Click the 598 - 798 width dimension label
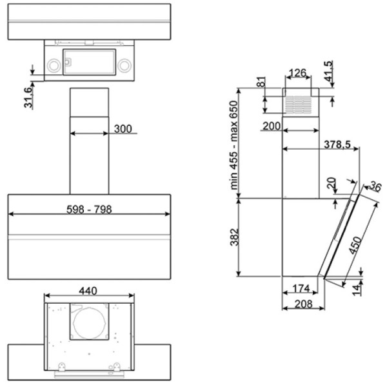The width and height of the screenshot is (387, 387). click(x=89, y=209)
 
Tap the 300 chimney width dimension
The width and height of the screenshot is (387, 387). click(x=123, y=128)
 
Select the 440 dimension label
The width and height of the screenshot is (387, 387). click(x=88, y=291)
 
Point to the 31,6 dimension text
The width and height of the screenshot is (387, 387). click(x=28, y=97)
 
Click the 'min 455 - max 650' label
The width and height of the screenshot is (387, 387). click(x=233, y=145)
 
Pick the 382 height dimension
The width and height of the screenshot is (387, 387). click(x=235, y=237)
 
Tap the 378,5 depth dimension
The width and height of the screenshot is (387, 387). click(x=337, y=144)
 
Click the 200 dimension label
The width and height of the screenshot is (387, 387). click(x=272, y=126)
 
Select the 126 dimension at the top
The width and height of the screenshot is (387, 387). click(x=297, y=73)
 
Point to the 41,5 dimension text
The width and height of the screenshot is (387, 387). click(x=328, y=71)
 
